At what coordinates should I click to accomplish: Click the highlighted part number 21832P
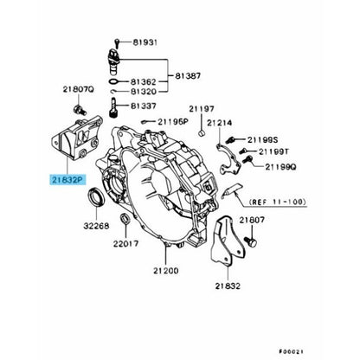pos(67,180)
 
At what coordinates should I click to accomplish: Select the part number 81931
pos(145,42)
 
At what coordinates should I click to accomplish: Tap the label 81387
pos(188,76)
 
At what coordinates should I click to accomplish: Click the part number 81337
pos(144,106)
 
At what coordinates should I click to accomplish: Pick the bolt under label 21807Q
pos(79,110)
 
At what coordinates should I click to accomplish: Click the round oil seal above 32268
pos(96,196)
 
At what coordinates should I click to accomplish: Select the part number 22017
pos(125,244)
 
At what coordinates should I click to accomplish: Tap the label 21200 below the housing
pos(166,271)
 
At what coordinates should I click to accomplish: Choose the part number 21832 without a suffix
pos(228,286)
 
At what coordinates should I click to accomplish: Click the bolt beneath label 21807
pos(251,241)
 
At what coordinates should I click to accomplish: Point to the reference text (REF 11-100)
pos(277,202)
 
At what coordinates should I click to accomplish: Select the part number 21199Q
pos(280,167)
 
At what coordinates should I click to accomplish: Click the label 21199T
pos(273,151)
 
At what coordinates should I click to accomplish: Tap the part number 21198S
pos(262,140)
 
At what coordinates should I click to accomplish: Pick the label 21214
pos(219,123)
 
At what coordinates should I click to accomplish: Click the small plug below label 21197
pos(202,133)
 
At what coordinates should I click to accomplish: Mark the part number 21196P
pos(173,122)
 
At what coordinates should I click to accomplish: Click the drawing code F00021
pos(292,351)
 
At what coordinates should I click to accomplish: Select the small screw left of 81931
pos(117,43)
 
